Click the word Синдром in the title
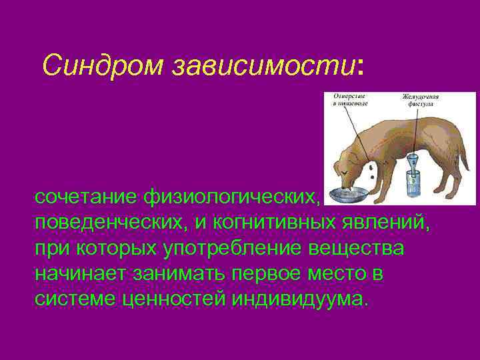click(103, 65)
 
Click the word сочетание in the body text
click(84, 197)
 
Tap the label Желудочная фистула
click(421, 100)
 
